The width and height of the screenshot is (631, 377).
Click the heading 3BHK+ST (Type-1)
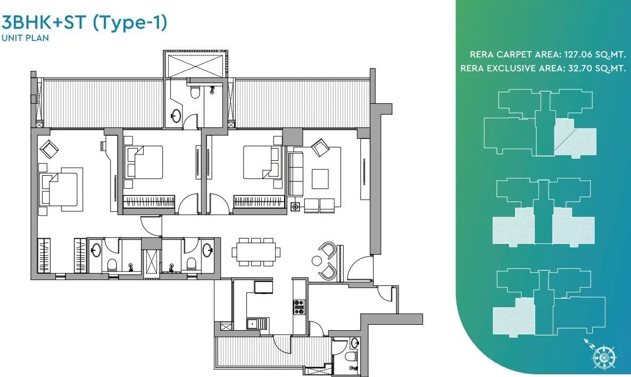click(x=85, y=23)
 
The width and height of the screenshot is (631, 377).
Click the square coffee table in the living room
click(x=320, y=178)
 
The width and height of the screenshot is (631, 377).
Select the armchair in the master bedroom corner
click(x=49, y=149)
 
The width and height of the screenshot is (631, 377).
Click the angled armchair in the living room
click(x=320, y=147)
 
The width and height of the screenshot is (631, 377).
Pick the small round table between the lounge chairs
click(x=317, y=261)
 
